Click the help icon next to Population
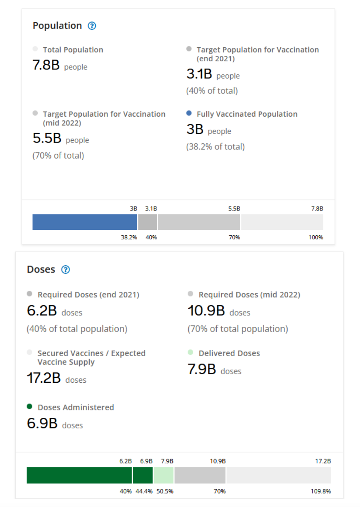click(92, 26)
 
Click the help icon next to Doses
click(66, 270)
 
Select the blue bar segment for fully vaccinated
click(85, 222)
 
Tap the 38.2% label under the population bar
click(129, 237)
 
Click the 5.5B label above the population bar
click(234, 209)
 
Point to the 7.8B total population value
click(46, 65)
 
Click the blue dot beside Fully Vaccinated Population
click(189, 113)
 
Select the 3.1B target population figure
click(199, 74)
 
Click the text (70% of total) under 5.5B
click(58, 156)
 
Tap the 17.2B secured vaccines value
click(44, 378)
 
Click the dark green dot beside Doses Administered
click(29, 406)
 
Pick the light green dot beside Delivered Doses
click(190, 352)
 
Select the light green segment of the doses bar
click(163, 475)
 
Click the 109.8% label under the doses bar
click(320, 491)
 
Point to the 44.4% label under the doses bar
click(144, 491)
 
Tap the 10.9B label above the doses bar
click(218, 461)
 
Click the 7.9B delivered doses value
click(202, 369)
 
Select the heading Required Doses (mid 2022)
click(249, 295)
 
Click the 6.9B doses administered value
click(42, 424)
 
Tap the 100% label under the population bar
click(315, 237)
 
